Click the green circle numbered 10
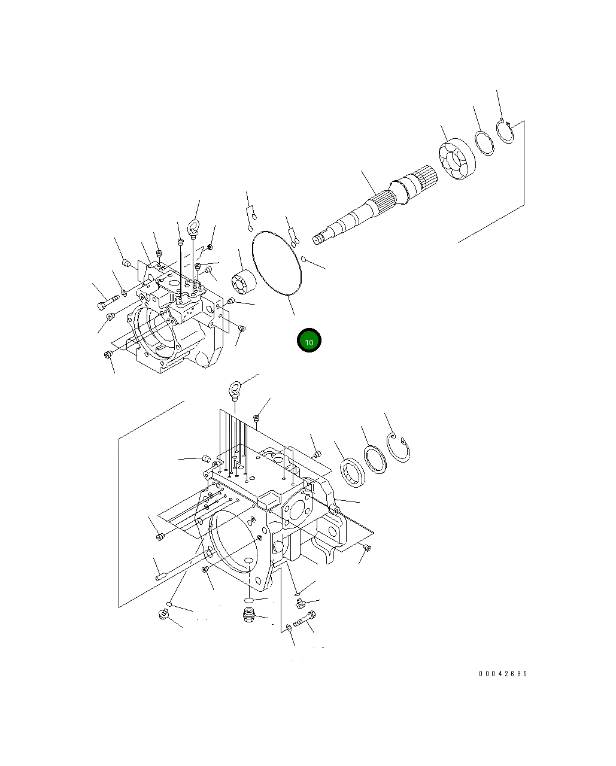pyautogui.click(x=309, y=341)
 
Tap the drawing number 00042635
pyautogui.click(x=502, y=674)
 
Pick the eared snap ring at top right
pyautogui.click(x=506, y=132)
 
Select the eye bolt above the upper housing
pyautogui.click(x=193, y=228)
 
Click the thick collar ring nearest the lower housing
pyautogui.click(x=353, y=471)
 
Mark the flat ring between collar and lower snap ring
pyautogui.click(x=377, y=459)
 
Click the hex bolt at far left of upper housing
pyautogui.click(x=103, y=305)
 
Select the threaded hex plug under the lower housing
pyautogui.click(x=249, y=615)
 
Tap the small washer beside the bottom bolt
pyautogui.click(x=289, y=627)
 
